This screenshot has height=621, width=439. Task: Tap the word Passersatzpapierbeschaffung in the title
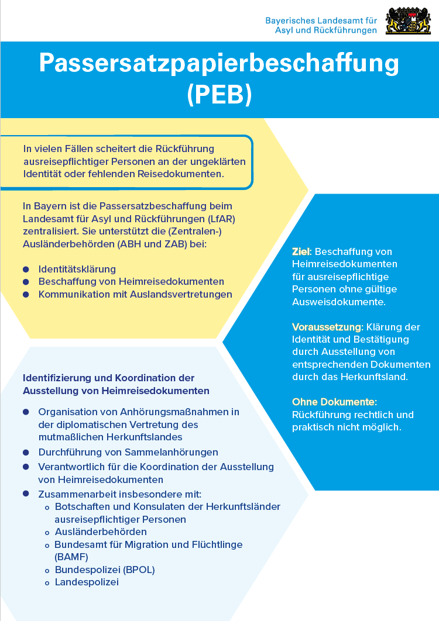(x=220, y=63)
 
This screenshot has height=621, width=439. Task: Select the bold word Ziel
(x=301, y=251)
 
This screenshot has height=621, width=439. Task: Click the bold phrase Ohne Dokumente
(x=334, y=402)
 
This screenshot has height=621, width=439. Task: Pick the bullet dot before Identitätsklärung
(x=26, y=269)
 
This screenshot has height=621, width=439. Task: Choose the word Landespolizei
(x=87, y=582)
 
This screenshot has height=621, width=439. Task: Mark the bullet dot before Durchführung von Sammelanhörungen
(x=26, y=452)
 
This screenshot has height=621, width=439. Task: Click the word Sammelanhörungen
(x=172, y=452)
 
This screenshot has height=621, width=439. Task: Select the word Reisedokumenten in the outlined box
(x=187, y=174)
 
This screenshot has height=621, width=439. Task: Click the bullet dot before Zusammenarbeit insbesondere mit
(x=26, y=494)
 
